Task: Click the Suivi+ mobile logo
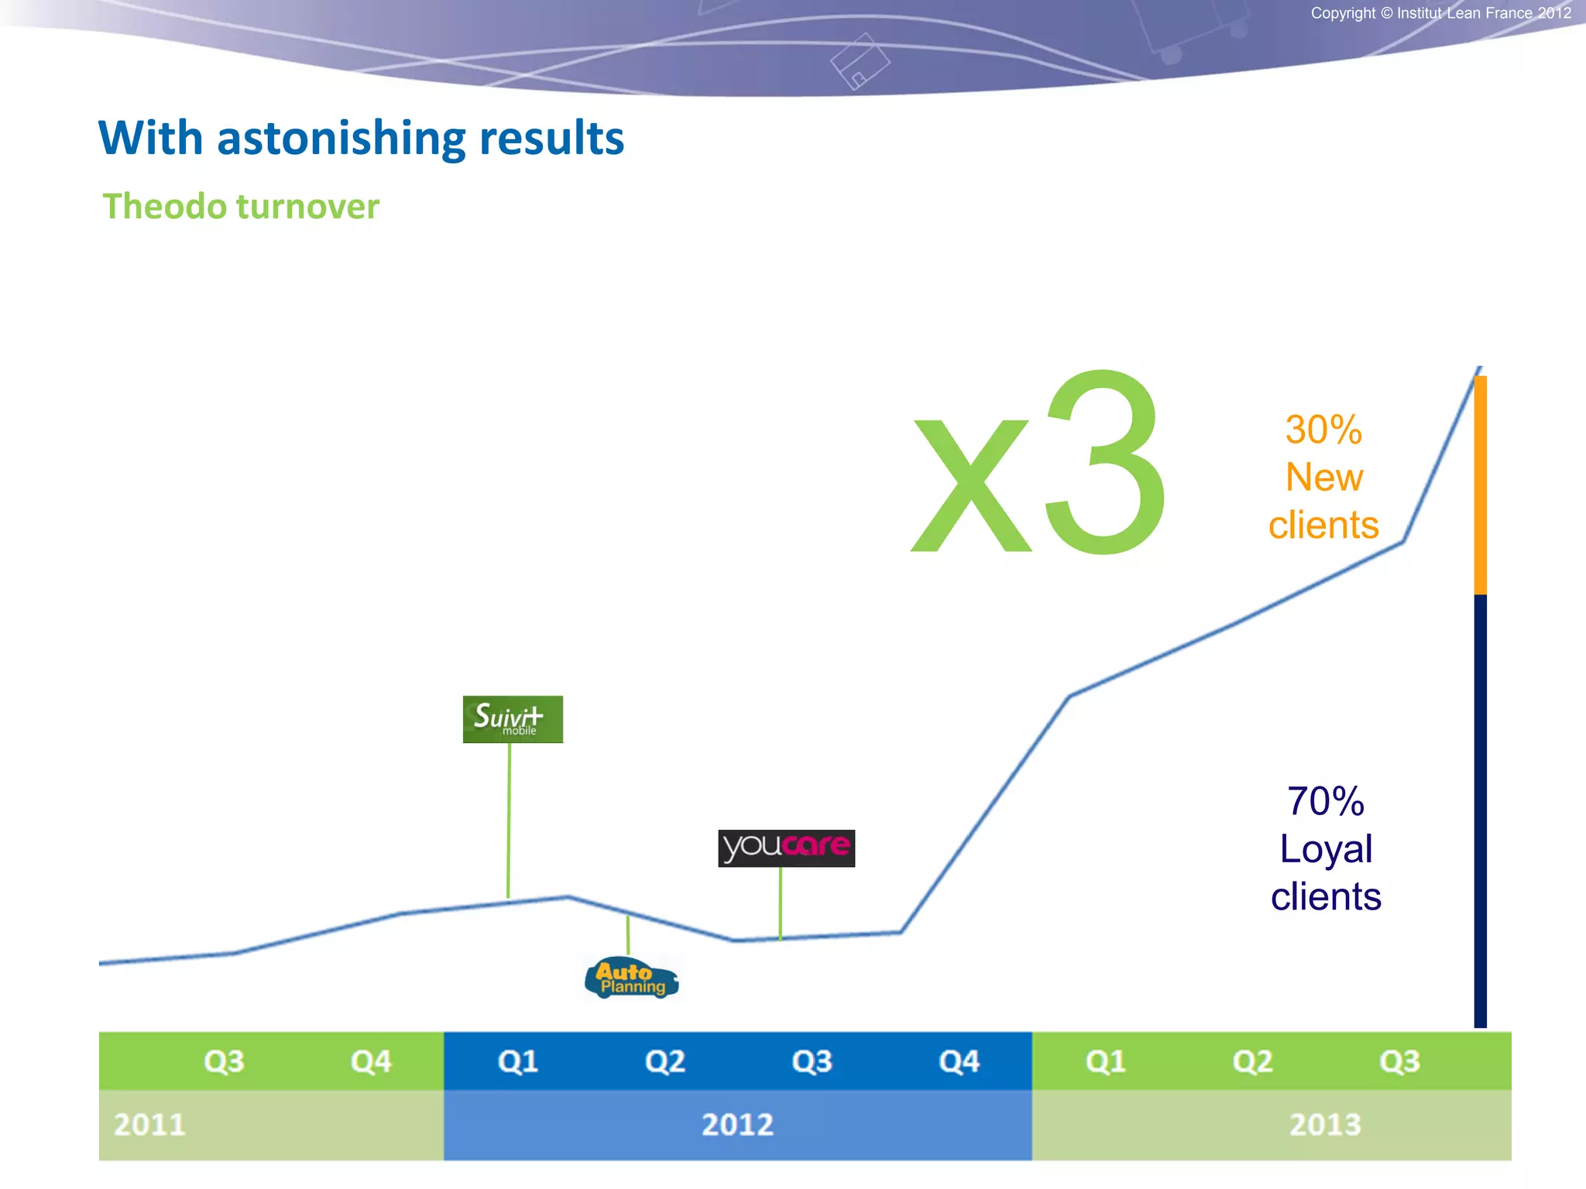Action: coord(513,719)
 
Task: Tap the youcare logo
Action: coord(786,848)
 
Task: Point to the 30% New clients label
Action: coord(1323,477)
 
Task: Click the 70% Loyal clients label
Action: coord(1326,848)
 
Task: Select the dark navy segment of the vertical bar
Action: coord(1480,813)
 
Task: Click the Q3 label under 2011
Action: coord(224,1061)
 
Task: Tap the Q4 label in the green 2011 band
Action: coord(371,1061)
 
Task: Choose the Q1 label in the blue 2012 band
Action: coord(518,1061)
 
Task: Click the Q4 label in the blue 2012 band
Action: coord(959,1061)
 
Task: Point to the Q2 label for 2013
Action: coord(1252,1061)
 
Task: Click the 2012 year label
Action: coord(737,1124)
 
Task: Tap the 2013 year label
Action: coord(1324,1124)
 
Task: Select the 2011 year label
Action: coord(149,1124)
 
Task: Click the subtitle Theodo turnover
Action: coord(241,207)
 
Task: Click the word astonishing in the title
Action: coord(341,139)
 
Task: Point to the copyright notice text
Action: coord(1440,13)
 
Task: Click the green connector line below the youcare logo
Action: coord(780,903)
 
